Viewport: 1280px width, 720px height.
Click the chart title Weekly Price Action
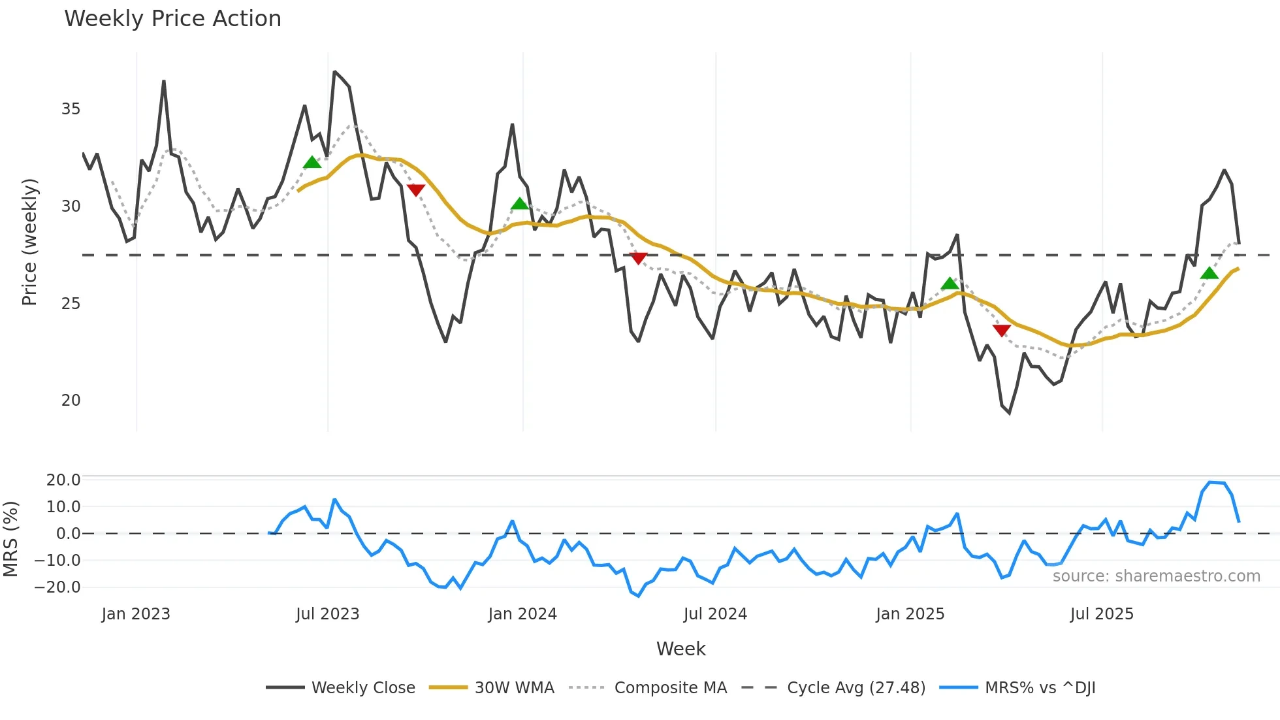[172, 19]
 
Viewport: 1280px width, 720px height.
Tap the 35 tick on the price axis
[71, 109]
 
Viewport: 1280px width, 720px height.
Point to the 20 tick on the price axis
[71, 401]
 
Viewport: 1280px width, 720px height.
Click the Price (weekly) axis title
[29, 242]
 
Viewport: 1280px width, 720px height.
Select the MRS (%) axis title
[10, 539]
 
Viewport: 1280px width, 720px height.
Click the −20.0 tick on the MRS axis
[57, 587]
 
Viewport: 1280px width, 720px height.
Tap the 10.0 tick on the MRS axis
[63, 507]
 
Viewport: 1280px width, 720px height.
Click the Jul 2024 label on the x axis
[715, 614]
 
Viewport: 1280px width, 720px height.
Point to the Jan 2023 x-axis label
[136, 614]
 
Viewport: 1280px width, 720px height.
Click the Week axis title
[680, 649]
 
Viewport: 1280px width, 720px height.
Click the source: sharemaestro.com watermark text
[1156, 576]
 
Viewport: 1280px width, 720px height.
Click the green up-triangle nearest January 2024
[520, 205]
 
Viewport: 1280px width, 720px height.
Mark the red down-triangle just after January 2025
[1001, 331]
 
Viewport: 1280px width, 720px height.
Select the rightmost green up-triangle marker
[1209, 274]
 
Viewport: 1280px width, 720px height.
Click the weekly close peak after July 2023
[334, 72]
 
